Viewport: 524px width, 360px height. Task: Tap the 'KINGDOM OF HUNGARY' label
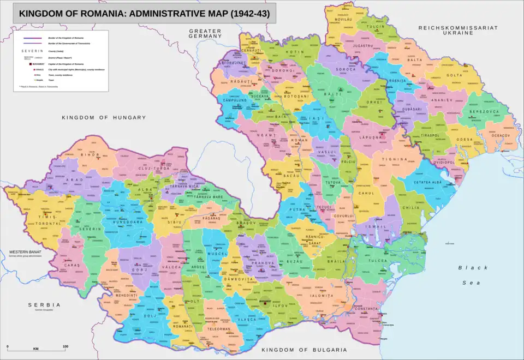[104, 118]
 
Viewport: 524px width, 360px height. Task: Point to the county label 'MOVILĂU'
[339, 19]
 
